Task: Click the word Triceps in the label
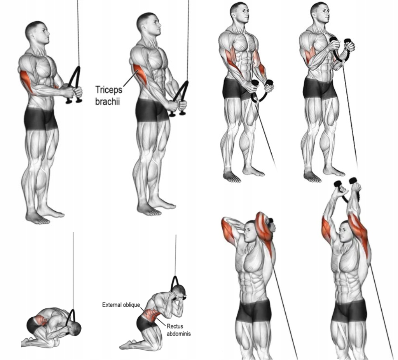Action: pyautogui.click(x=109, y=90)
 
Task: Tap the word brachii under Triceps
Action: pyautogui.click(x=107, y=101)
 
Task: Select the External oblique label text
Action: pyautogui.click(x=121, y=305)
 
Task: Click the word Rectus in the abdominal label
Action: pyautogui.click(x=175, y=326)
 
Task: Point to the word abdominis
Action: pyautogui.click(x=178, y=334)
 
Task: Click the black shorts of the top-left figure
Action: pyautogui.click(x=40, y=119)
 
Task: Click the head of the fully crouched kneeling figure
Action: pyautogui.click(x=75, y=329)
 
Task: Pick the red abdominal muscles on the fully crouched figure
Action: pyautogui.click(x=40, y=320)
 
